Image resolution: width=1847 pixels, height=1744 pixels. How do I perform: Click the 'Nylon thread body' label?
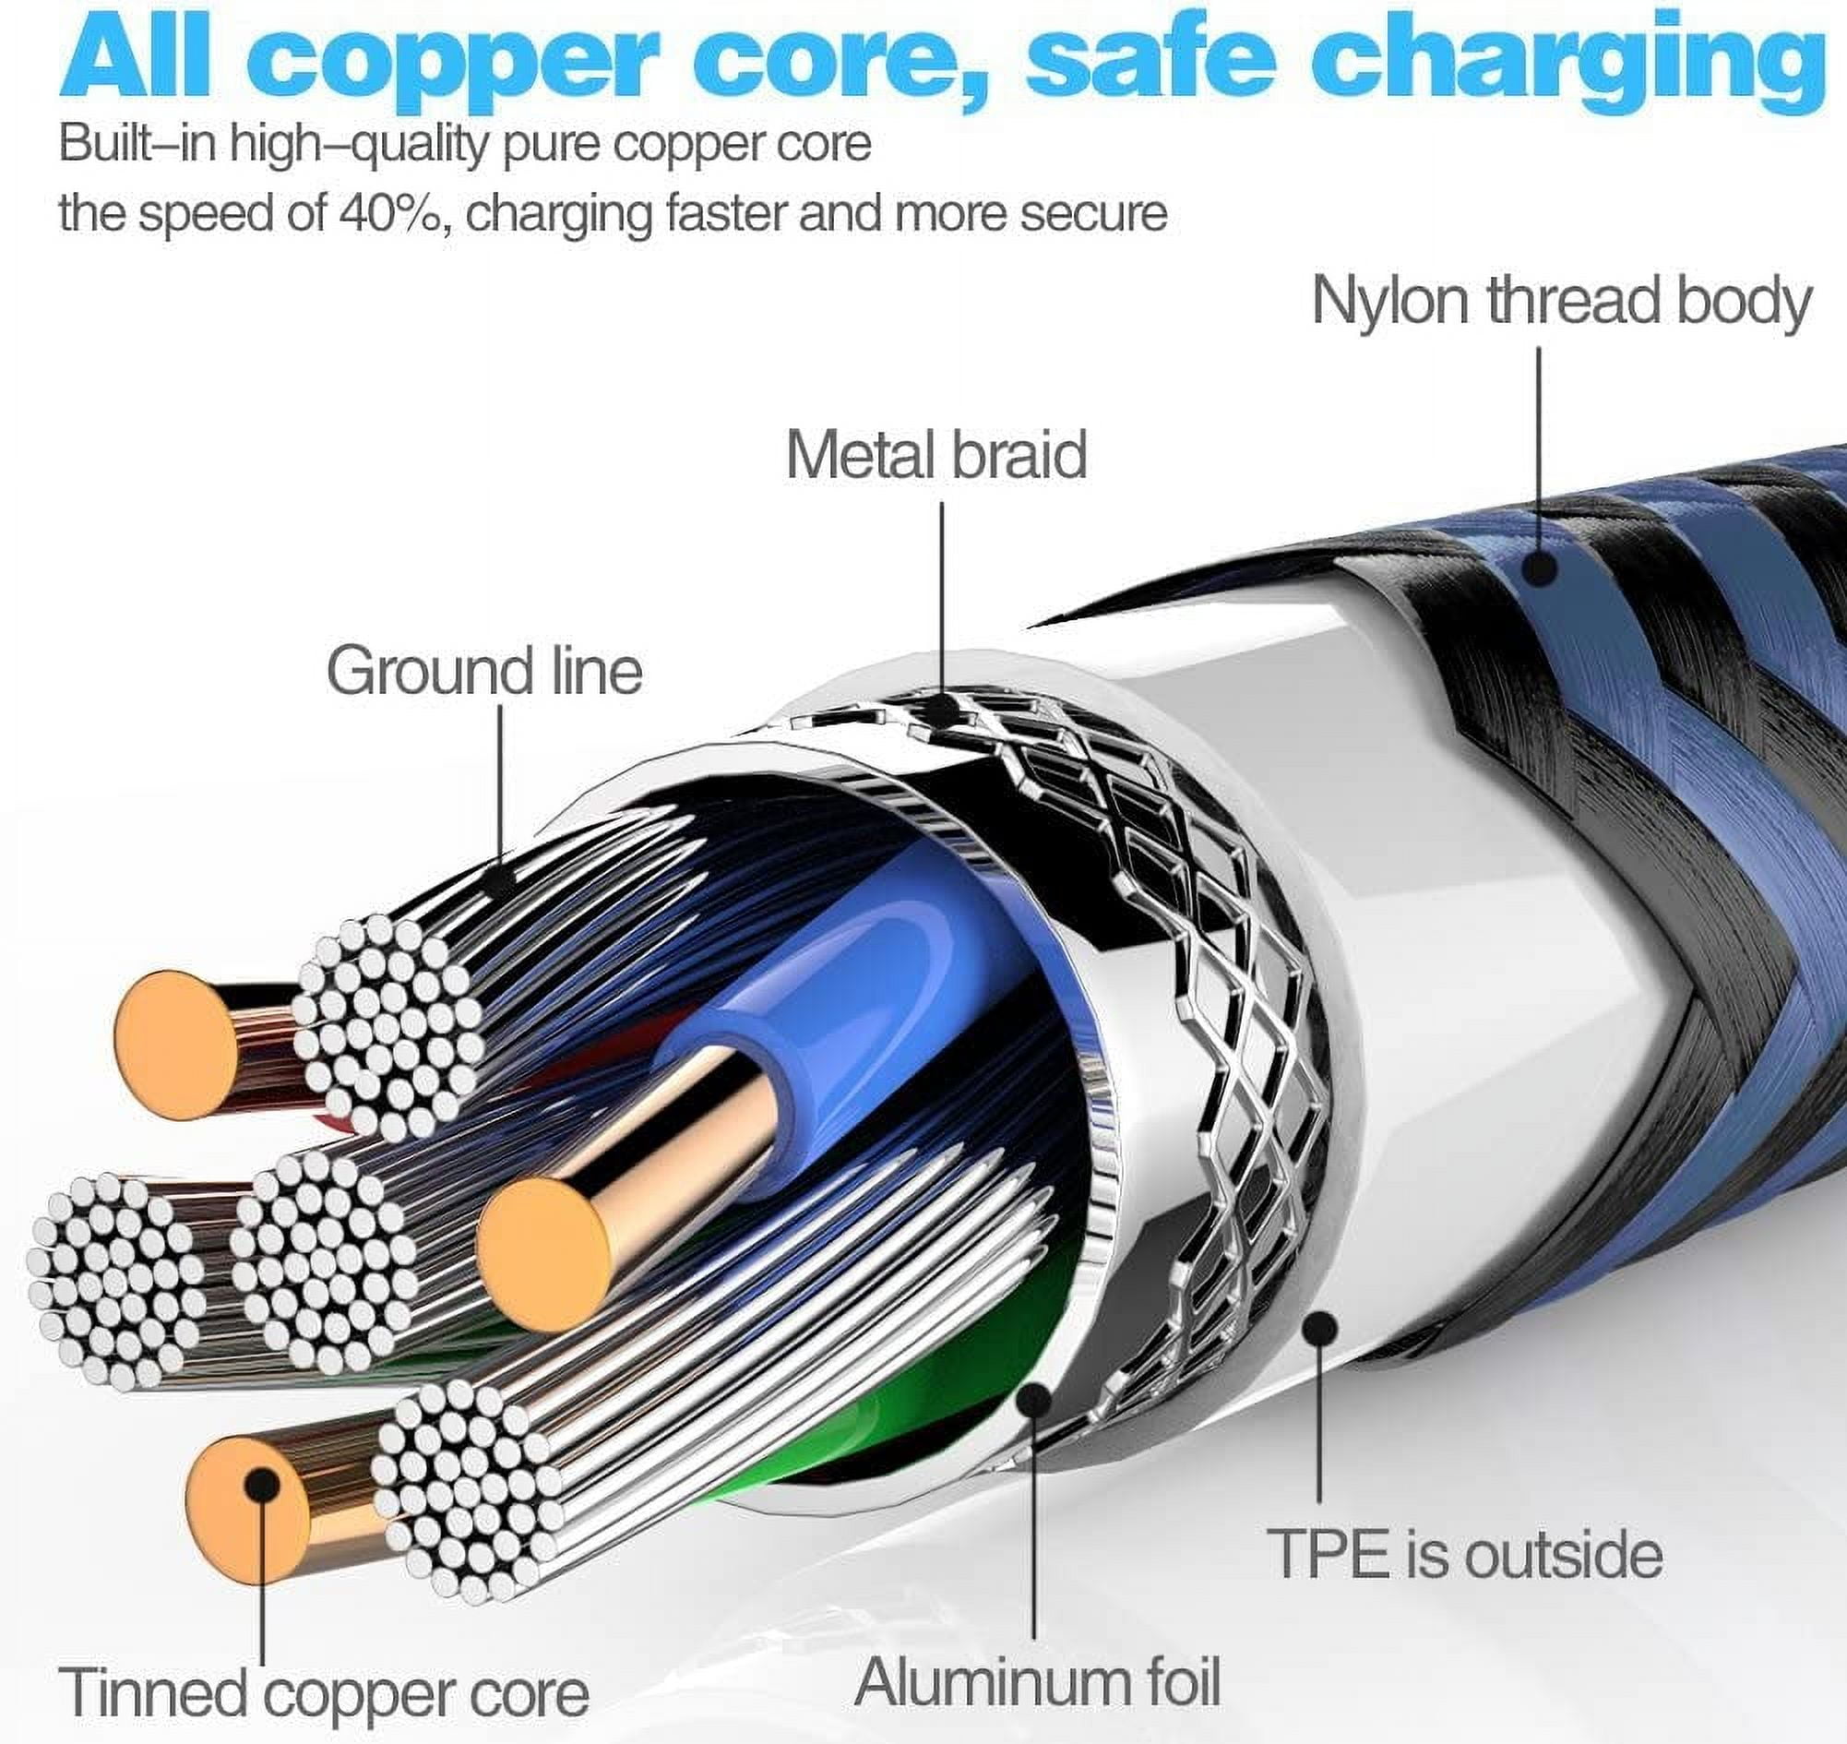point(1561,302)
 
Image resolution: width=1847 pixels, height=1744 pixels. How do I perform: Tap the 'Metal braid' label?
point(936,456)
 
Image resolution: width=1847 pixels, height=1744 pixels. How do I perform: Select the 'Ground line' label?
point(483,671)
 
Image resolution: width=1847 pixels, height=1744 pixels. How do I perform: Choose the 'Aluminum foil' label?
point(1036,1680)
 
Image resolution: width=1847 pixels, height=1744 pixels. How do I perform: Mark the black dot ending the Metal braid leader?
point(943,711)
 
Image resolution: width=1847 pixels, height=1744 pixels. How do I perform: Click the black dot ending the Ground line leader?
point(501,878)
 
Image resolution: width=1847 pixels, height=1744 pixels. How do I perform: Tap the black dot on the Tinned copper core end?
point(263,1485)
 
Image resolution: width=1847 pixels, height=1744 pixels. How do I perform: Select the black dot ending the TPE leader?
point(1320,1331)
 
